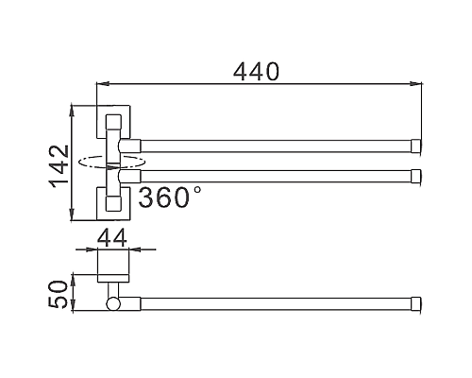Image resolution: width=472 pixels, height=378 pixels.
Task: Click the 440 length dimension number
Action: click(x=256, y=71)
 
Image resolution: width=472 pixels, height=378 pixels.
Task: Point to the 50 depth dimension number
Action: click(x=58, y=293)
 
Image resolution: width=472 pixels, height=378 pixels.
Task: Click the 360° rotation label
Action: click(x=169, y=198)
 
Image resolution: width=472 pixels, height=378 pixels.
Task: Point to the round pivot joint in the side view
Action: click(x=114, y=304)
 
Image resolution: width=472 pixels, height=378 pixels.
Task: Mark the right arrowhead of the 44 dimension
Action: click(x=136, y=251)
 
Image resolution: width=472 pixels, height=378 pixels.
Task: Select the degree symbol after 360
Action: click(x=196, y=190)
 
